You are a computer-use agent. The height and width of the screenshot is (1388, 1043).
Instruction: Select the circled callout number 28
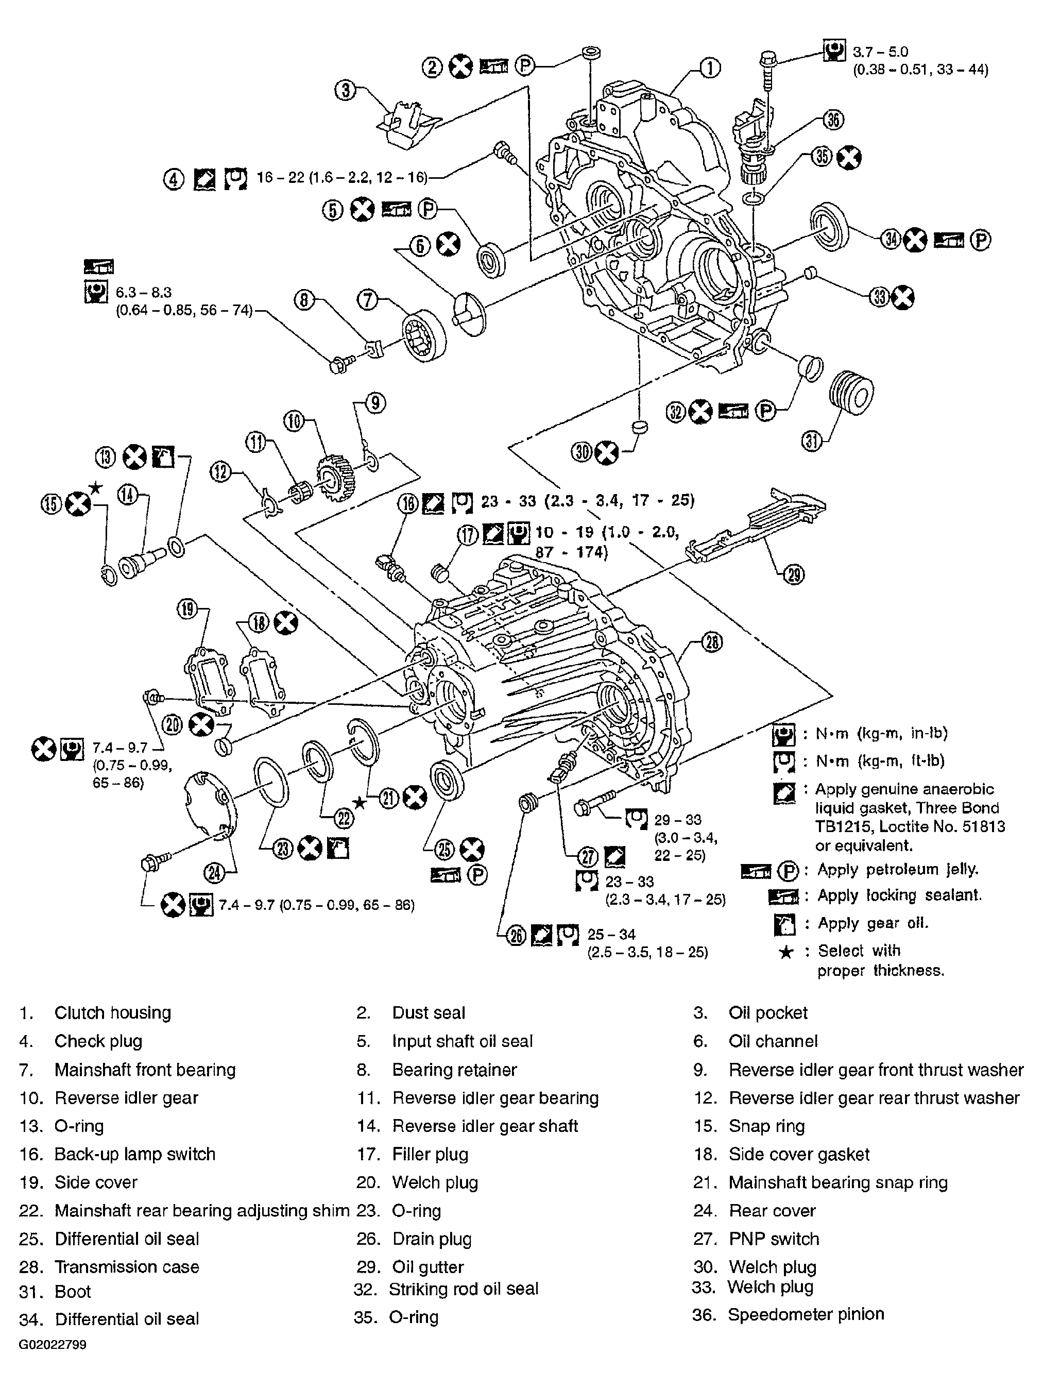point(711,642)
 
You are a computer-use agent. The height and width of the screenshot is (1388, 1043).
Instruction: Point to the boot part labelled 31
point(851,393)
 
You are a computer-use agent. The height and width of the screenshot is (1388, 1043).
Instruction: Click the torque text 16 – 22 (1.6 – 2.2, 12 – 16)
point(342,178)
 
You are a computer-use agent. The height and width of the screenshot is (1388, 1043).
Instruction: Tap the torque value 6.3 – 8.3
point(144,293)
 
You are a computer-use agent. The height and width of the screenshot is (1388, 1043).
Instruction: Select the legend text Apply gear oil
point(873,923)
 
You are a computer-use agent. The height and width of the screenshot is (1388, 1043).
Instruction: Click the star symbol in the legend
point(785,953)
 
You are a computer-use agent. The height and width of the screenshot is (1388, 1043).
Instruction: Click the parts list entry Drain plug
point(432,1239)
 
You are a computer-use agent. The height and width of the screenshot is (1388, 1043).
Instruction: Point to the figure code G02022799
point(53,1345)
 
